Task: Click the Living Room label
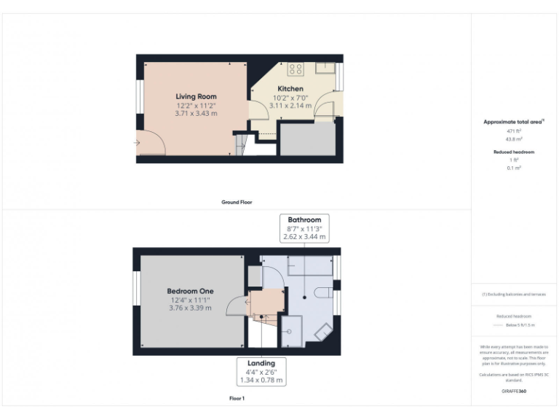196,96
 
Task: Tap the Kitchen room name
290,89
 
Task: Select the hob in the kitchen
296,70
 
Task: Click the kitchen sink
325,69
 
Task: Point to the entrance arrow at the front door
137,142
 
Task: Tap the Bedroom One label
190,292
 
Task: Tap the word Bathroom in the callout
304,219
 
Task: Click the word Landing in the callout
261,363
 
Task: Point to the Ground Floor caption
237,202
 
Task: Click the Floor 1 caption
237,399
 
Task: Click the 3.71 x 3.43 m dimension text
196,113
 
